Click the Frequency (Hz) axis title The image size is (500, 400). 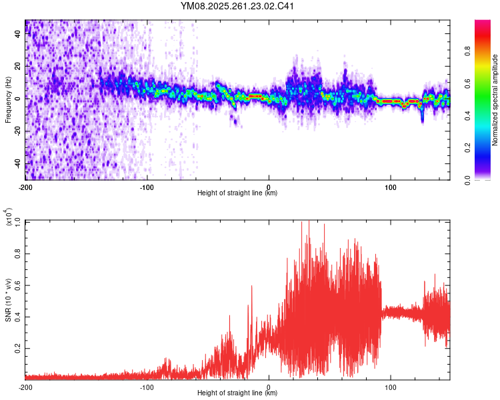pyautogui.click(x=8, y=100)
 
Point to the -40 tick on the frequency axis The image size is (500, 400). pyautogui.click(x=17, y=164)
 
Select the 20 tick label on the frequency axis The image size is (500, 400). pyautogui.click(x=18, y=67)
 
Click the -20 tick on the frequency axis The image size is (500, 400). pyautogui.click(x=17, y=131)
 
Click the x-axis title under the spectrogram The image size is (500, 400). pyautogui.click(x=237, y=193)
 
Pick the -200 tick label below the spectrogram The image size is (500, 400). pyautogui.click(x=25, y=187)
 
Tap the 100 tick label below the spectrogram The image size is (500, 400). pyautogui.click(x=390, y=187)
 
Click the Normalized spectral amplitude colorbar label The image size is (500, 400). pyautogui.click(x=495, y=100)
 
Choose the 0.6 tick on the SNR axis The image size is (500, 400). pyautogui.click(x=18, y=285)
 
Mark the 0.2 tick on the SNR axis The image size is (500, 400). pyautogui.click(x=18, y=349)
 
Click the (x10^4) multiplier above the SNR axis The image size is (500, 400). pyautogui.click(x=10, y=218)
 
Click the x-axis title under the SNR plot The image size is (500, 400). pyautogui.click(x=237, y=393)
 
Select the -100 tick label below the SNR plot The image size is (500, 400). pyautogui.click(x=147, y=387)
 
